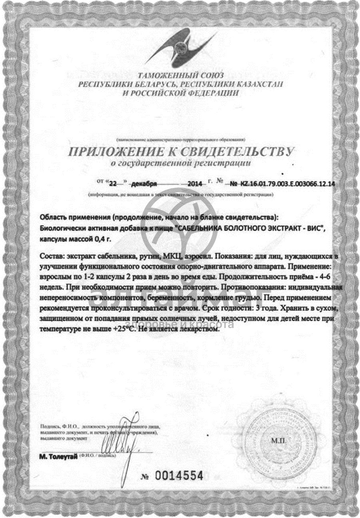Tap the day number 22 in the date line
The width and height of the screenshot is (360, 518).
coord(114,184)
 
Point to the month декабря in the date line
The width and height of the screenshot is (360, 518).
coord(144,184)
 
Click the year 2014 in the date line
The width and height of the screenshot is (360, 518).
coord(195,184)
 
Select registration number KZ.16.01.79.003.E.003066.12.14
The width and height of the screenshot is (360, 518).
coord(287,184)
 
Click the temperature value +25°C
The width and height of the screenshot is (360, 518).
coord(132,330)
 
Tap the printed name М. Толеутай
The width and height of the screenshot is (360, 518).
coord(58,456)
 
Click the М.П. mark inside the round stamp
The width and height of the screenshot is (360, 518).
coord(279,441)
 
